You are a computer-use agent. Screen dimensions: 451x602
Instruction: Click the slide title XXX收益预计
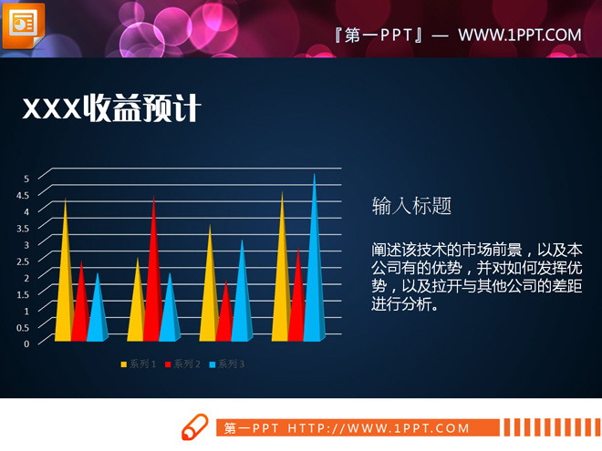[x=110, y=109]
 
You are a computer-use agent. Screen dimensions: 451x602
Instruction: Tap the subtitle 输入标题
[x=411, y=206]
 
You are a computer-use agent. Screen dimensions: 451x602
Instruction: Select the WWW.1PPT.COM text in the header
[x=519, y=36]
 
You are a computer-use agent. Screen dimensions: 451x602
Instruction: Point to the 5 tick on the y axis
[x=26, y=178]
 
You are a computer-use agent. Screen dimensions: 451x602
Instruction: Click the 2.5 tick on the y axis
[x=24, y=261]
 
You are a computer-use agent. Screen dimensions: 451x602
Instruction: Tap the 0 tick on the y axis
[x=26, y=343]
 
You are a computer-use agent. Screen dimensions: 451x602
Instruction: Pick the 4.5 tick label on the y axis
[x=24, y=195]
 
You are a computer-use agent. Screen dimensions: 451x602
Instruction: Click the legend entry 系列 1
[x=139, y=364]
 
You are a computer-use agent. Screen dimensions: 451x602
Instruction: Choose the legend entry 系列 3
[x=227, y=364]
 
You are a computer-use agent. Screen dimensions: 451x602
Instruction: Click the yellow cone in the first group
[x=64, y=282]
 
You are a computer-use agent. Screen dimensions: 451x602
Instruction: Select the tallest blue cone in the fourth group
[x=315, y=264]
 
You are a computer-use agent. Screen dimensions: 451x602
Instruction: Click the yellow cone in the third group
[x=210, y=292]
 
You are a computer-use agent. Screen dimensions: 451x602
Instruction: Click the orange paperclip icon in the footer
[x=194, y=426]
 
